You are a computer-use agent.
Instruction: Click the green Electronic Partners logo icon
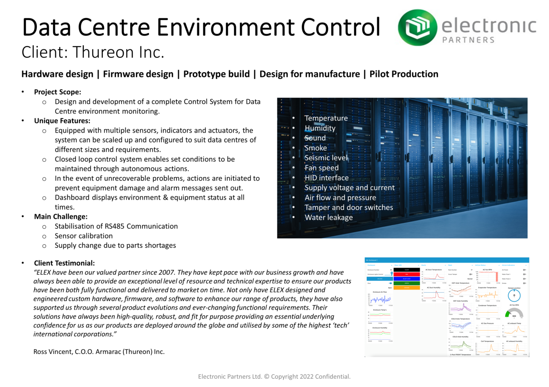tap(417, 27)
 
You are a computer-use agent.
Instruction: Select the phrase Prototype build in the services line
tap(216, 74)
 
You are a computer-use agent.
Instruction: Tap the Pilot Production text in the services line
tap(404, 74)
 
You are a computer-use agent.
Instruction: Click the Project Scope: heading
tap(58, 92)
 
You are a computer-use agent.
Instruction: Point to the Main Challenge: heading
tap(61, 216)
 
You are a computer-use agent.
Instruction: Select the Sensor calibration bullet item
tap(84, 236)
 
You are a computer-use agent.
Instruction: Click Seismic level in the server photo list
tap(326, 158)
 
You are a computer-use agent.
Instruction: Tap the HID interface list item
tap(326, 178)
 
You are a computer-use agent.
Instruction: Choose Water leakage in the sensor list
tap(328, 217)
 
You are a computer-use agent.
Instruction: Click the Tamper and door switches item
tap(348, 207)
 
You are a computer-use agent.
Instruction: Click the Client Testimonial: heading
tap(64, 263)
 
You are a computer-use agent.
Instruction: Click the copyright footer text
tap(274, 377)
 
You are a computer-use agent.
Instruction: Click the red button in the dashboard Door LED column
tap(406, 274)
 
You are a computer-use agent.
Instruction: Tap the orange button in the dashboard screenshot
tap(406, 287)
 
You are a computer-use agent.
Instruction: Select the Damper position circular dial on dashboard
tap(514, 295)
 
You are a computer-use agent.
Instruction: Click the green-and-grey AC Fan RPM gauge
tap(514, 314)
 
